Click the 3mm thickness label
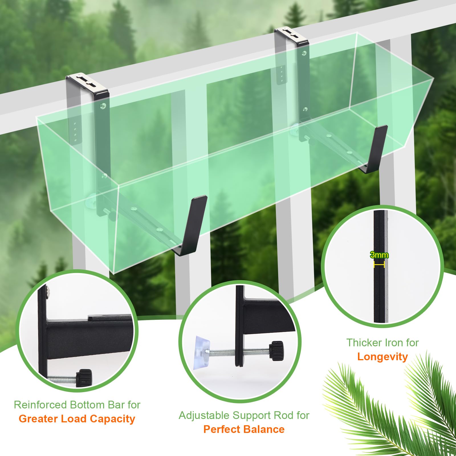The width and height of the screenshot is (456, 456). click(x=379, y=255)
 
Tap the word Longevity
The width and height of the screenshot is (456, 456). click(x=382, y=357)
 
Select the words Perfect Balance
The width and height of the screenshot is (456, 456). click(x=244, y=429)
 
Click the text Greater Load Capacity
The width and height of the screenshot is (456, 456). click(x=77, y=419)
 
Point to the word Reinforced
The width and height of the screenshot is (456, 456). click(x=40, y=405)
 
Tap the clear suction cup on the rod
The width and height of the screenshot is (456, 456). click(x=201, y=353)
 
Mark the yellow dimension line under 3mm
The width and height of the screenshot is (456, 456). click(x=379, y=265)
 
